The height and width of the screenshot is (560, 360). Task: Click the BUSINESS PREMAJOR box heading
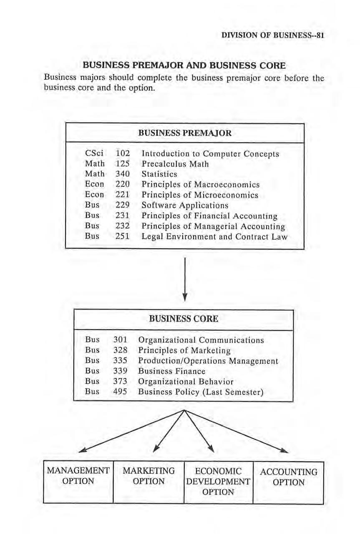[185, 133]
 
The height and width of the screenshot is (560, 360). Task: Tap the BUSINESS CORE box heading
[184, 319]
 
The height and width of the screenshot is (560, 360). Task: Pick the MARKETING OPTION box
[148, 476]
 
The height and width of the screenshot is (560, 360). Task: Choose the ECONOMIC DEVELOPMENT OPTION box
[218, 482]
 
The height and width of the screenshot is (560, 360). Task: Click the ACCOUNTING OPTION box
[288, 477]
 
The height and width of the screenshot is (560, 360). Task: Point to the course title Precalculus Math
[175, 164]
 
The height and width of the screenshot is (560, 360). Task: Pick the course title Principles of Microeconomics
[200, 195]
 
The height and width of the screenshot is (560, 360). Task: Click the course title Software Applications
[185, 205]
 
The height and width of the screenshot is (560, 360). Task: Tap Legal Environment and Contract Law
[214, 236]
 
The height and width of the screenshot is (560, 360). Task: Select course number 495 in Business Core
[120, 392]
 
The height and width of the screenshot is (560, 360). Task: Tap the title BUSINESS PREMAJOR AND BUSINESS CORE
[184, 66]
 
